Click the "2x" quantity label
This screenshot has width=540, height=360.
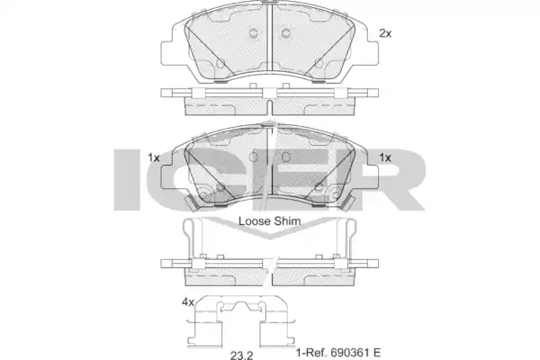385,33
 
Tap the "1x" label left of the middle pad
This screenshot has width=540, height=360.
154,157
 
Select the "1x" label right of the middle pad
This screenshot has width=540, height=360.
385,157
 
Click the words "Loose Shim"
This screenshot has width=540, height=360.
270,221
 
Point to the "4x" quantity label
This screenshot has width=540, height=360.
188,302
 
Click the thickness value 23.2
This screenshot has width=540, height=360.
242,355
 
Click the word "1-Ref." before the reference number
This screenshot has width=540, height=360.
311,353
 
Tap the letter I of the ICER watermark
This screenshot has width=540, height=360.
128,179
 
